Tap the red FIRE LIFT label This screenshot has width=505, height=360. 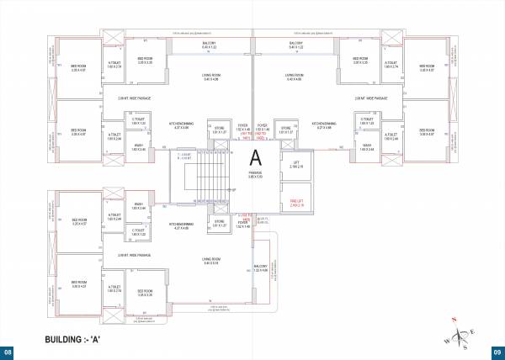295,201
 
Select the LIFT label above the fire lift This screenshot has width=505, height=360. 295,165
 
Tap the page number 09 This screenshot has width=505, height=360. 497,352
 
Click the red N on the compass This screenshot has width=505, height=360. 453,320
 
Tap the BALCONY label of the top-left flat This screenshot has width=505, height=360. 209,44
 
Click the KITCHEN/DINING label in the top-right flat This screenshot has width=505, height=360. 324,124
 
